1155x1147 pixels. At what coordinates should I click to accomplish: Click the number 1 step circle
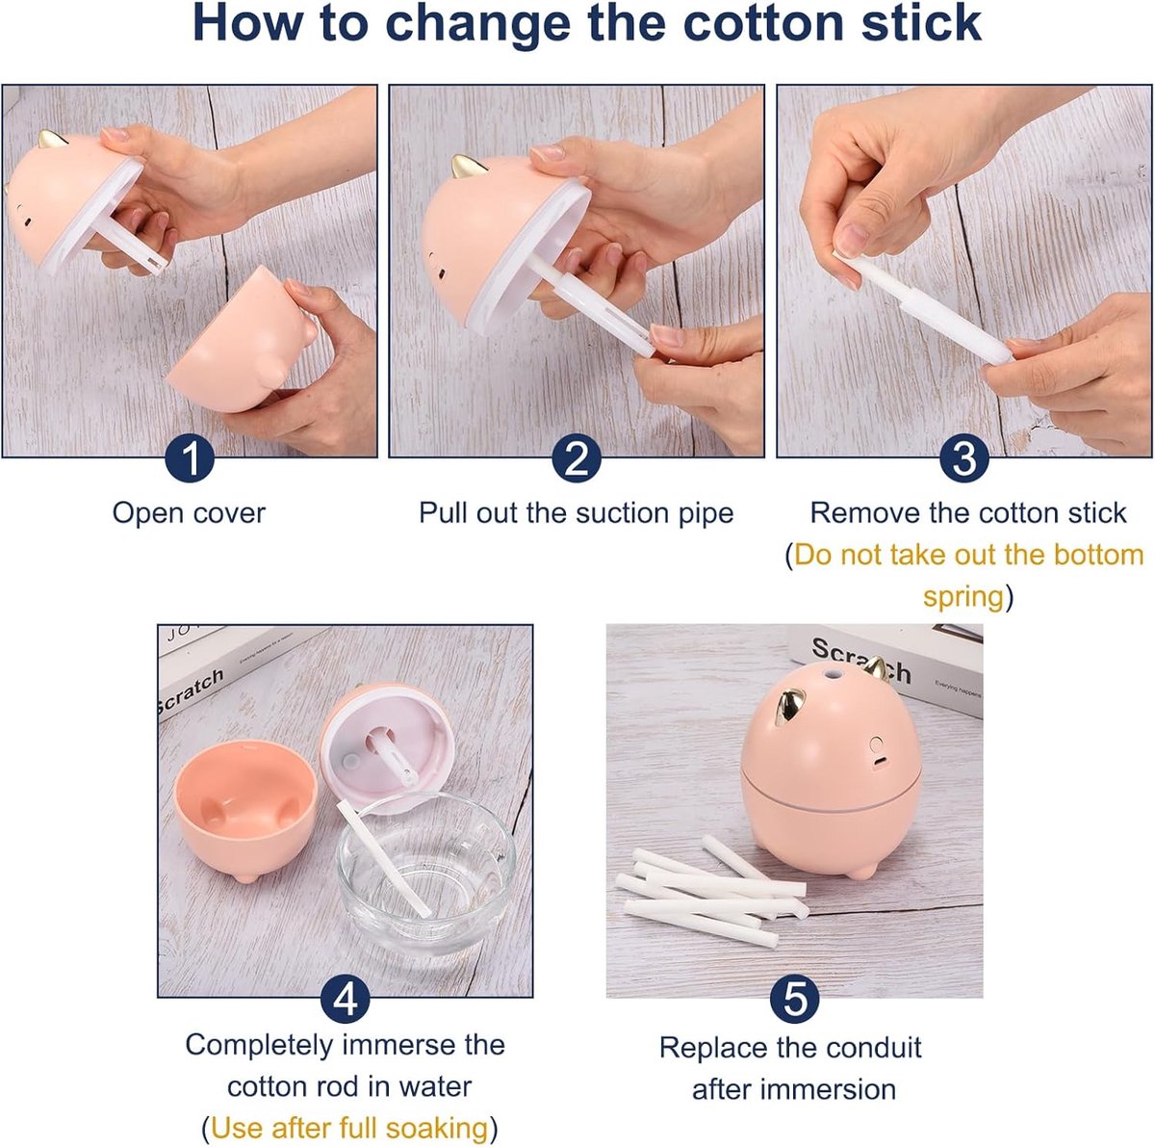(x=190, y=459)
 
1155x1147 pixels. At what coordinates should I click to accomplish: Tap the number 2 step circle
(x=577, y=459)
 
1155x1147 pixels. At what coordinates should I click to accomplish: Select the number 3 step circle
(x=964, y=459)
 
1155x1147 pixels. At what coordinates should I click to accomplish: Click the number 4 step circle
(x=346, y=1000)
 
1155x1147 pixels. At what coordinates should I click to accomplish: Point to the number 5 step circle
(x=795, y=1000)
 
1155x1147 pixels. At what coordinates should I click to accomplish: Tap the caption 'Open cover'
(x=189, y=513)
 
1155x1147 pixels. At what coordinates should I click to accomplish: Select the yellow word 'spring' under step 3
(x=963, y=597)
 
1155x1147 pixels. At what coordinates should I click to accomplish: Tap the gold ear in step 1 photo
(x=52, y=139)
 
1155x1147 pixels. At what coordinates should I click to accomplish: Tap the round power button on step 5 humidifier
(x=877, y=745)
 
